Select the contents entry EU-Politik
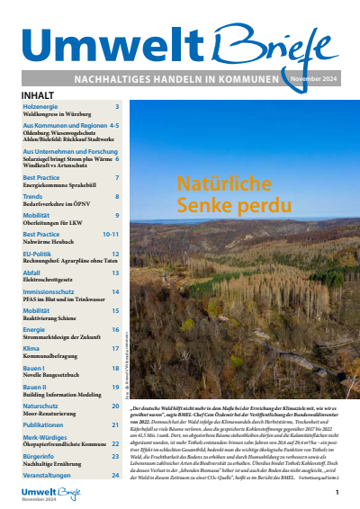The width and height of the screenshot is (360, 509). point(39,254)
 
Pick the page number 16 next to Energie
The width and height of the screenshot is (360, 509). point(115,330)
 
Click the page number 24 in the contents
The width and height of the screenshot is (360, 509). point(115,475)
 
